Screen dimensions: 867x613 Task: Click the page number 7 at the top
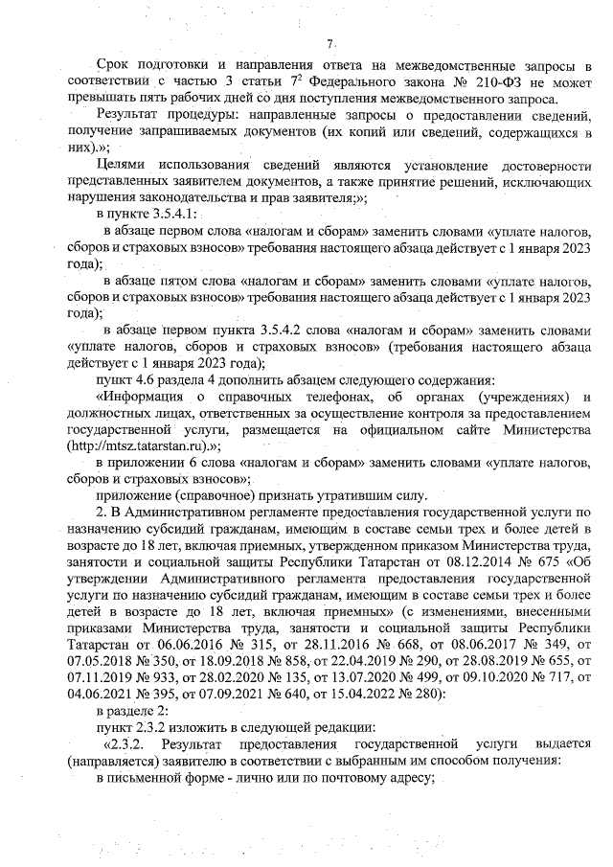point(329,43)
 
